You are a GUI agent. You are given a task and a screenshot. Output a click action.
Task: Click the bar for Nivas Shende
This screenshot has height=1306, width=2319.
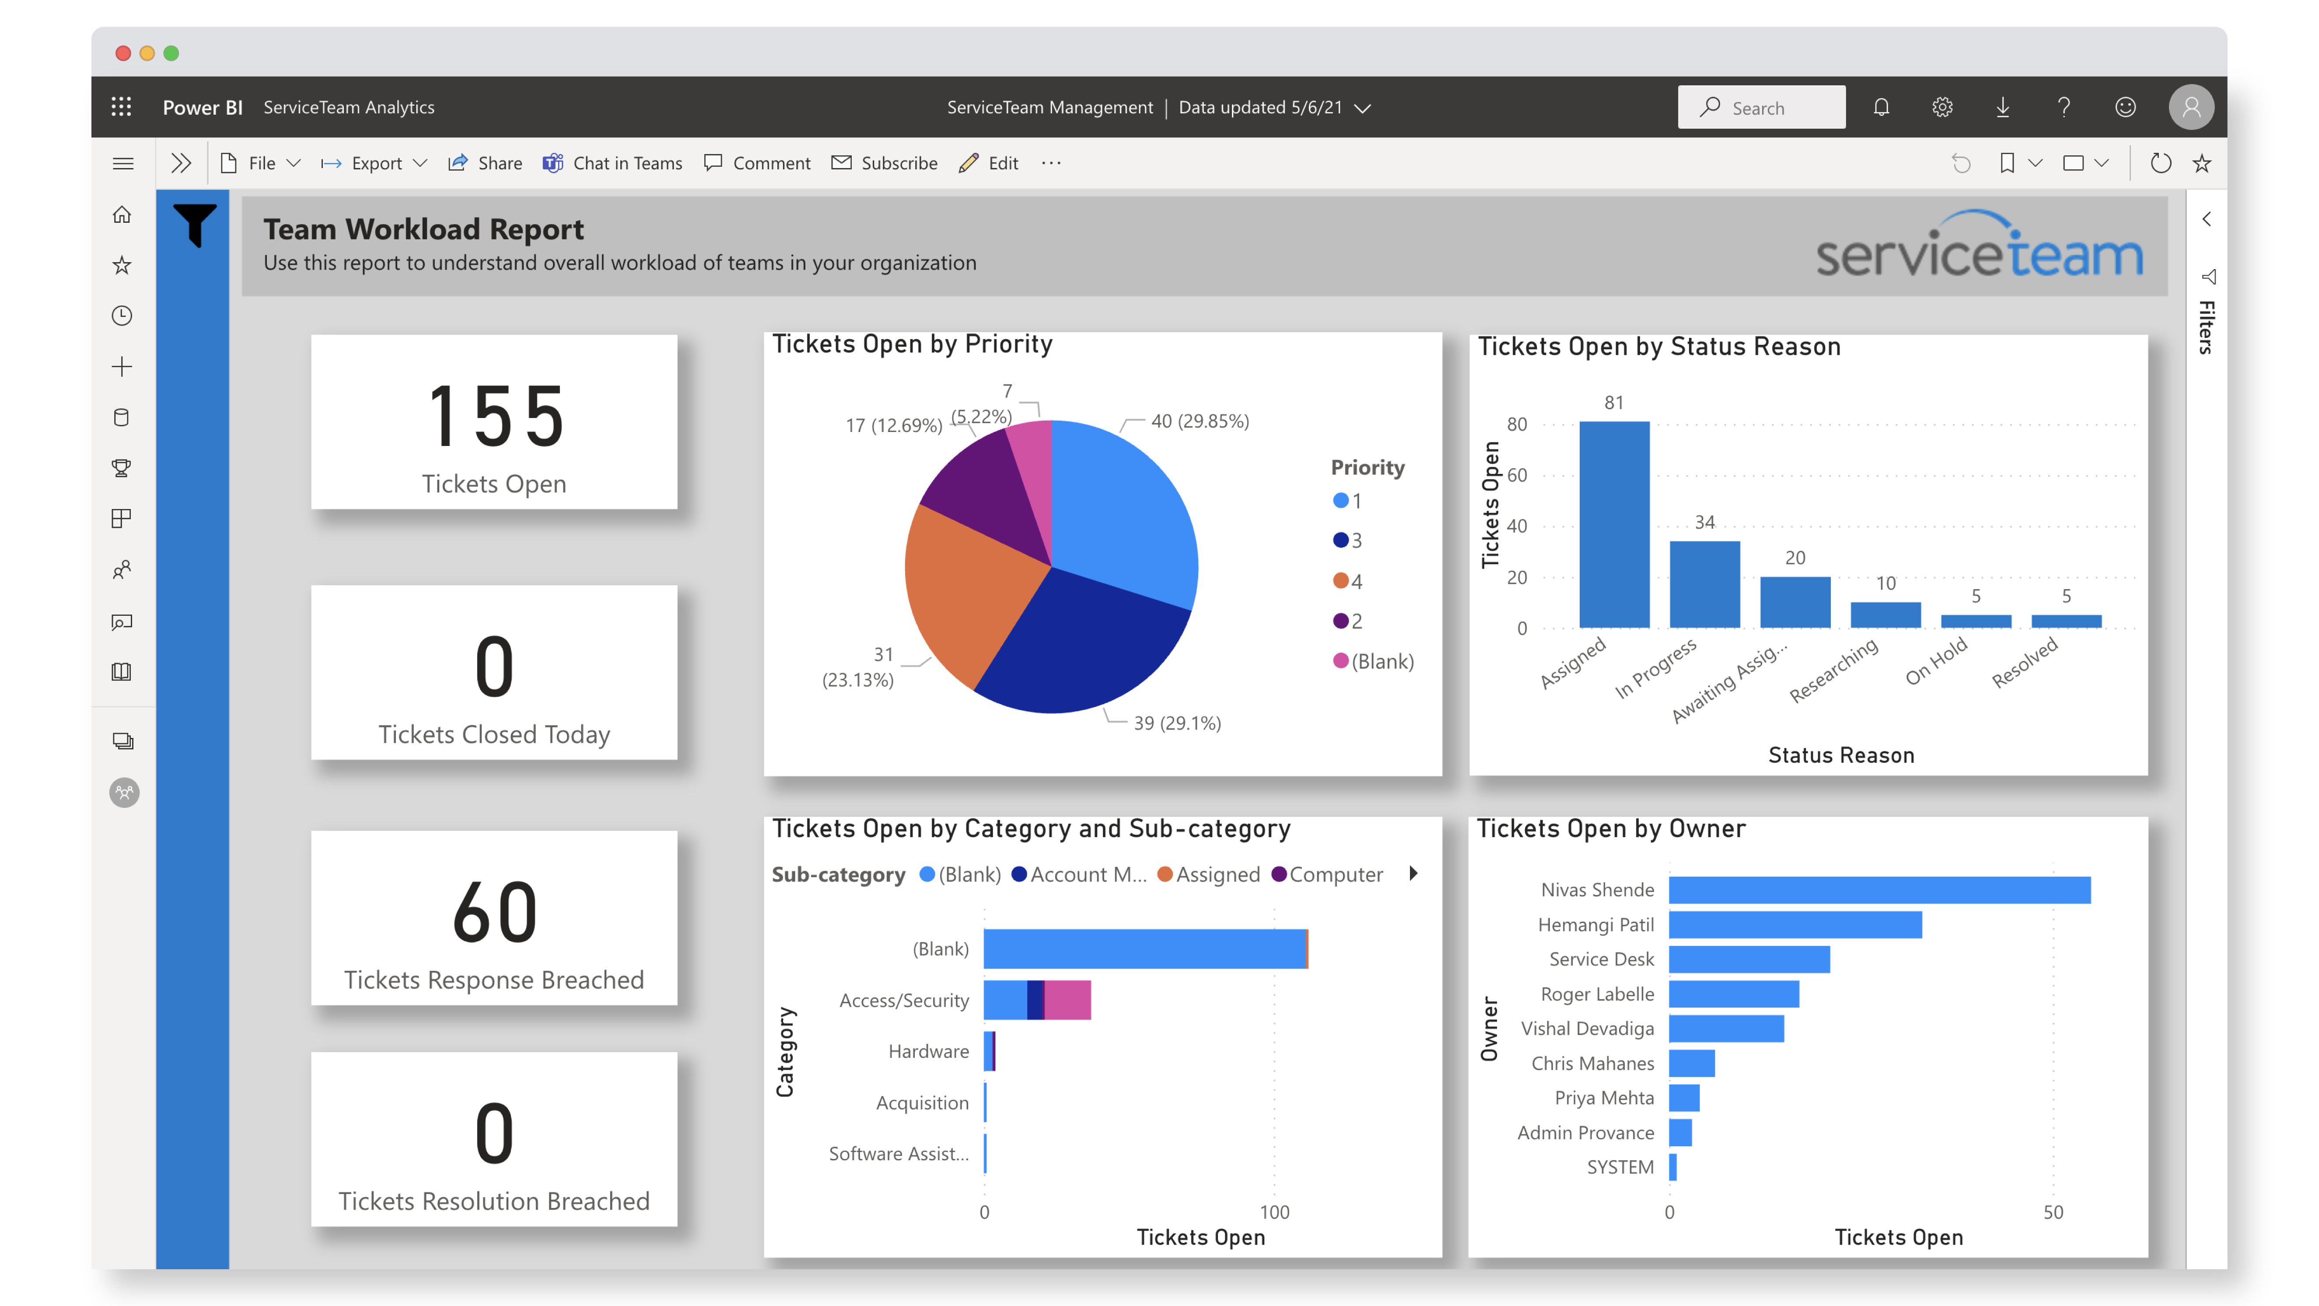1879,890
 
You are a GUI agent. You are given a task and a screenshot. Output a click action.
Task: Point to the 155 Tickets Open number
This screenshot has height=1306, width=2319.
494,416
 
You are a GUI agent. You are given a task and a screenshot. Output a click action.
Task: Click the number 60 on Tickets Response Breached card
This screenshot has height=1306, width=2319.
494,913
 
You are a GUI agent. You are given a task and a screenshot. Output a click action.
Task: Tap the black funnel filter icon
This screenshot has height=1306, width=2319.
194,223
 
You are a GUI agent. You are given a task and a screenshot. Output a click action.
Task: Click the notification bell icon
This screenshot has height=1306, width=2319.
1881,108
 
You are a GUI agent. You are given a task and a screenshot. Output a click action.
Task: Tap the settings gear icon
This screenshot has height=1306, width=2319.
1942,108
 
